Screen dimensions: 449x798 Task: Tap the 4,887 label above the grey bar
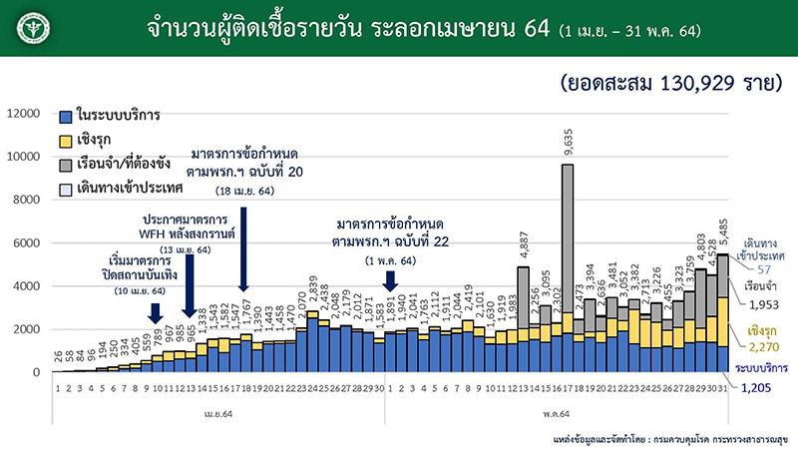523,242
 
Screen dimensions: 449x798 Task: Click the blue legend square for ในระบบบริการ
65,117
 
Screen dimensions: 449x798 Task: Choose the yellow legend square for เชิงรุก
65,141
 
